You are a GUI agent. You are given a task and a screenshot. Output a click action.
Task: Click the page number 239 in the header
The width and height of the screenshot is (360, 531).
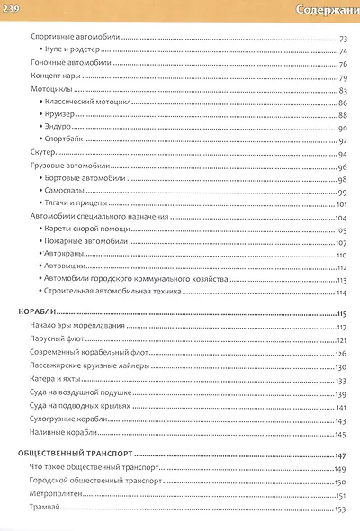tap(16, 9)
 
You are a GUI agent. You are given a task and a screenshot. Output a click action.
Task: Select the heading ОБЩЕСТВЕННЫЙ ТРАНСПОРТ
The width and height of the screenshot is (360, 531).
tap(75, 454)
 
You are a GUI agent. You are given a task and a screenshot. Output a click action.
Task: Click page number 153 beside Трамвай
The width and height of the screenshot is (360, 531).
tap(340, 510)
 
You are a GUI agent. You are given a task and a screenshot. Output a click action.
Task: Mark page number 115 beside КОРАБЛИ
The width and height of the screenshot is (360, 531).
tap(341, 313)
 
